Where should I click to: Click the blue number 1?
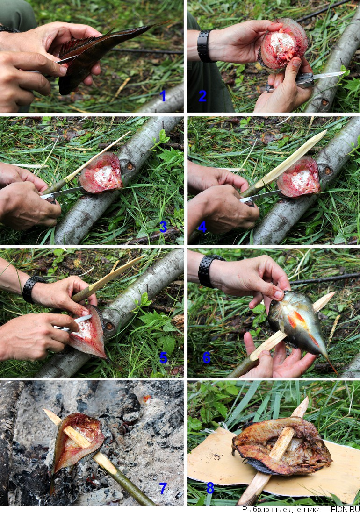point(163,96)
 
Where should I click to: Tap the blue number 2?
point(202,95)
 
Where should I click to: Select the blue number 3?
point(163,227)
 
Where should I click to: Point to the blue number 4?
point(202,227)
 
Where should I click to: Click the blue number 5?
point(163,357)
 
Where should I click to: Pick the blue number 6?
point(206,357)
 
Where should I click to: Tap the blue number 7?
point(163,488)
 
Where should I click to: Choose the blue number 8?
point(210,488)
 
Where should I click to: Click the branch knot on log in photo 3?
point(130,166)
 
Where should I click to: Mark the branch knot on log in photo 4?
point(328,171)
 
